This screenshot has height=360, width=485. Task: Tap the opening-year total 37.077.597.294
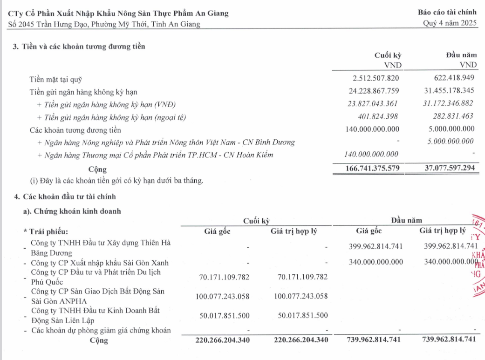444,168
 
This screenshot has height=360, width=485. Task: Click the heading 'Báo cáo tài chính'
448,13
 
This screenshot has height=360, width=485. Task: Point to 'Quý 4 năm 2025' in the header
450,24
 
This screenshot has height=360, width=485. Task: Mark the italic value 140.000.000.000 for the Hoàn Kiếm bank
371,155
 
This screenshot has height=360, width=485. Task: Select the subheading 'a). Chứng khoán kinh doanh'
72,211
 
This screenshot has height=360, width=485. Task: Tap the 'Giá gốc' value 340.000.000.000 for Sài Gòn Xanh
376,262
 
